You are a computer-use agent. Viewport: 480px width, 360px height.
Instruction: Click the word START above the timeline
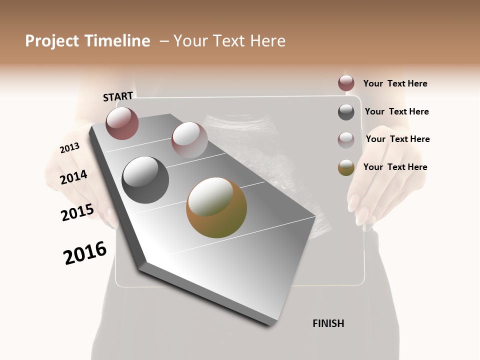tap(118, 96)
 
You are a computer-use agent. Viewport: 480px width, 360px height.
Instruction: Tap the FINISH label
tap(328, 323)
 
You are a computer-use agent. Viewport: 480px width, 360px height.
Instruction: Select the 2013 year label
tap(69, 148)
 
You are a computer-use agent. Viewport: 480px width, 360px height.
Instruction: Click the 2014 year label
tap(73, 177)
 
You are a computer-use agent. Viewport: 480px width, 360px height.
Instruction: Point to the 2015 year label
tap(77, 212)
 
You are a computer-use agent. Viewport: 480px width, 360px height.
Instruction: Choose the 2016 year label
tap(85, 253)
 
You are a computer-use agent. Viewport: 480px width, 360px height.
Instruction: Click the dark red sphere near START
tap(122, 123)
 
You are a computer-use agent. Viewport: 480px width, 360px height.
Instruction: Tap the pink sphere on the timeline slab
tap(189, 139)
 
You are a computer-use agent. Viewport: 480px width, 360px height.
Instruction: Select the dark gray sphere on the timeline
tap(145, 180)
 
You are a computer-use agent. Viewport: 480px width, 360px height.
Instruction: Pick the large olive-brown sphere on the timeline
tap(216, 207)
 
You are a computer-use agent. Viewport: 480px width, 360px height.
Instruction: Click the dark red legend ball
tap(346, 83)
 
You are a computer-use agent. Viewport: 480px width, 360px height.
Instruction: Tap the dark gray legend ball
tap(346, 112)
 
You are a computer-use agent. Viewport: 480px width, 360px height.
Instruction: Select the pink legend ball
tap(346, 140)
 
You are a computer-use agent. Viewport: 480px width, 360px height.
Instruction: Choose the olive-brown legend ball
tap(346, 168)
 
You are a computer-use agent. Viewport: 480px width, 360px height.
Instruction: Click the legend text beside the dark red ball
tap(395, 83)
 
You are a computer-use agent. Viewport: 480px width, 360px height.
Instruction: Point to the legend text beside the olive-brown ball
tap(395, 167)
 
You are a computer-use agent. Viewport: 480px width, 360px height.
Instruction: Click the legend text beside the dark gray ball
tap(396, 111)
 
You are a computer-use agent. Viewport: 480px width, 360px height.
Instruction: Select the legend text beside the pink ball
tap(397, 139)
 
